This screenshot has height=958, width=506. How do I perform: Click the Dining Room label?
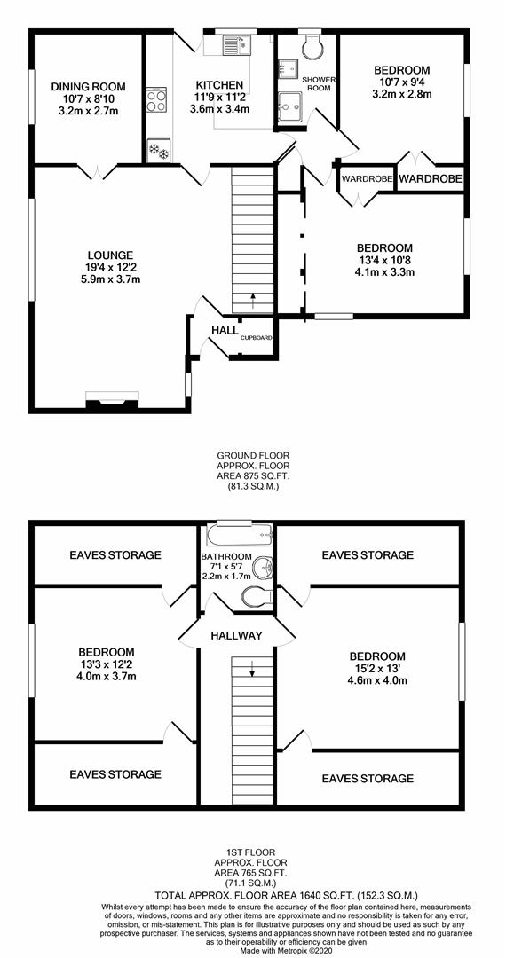click(x=88, y=86)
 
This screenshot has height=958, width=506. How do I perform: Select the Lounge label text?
click(x=110, y=255)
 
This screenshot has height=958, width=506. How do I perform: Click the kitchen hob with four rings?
click(x=156, y=99)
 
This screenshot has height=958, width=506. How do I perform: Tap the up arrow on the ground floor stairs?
click(x=252, y=300)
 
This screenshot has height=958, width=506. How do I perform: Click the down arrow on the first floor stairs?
click(x=251, y=670)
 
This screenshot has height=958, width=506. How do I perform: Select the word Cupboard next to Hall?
click(x=256, y=337)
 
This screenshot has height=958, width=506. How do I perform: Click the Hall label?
click(x=225, y=331)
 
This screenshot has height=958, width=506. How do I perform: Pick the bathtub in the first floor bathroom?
click(x=238, y=536)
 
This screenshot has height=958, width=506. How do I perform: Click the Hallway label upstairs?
click(x=236, y=635)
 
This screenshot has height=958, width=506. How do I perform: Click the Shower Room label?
click(x=319, y=83)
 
